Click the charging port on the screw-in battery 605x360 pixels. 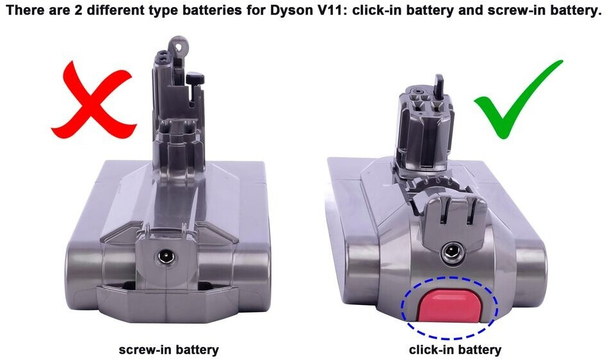point(166,257)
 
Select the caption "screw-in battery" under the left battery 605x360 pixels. point(168,350)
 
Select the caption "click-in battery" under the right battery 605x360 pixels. point(455,350)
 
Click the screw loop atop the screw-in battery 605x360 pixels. point(178,45)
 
